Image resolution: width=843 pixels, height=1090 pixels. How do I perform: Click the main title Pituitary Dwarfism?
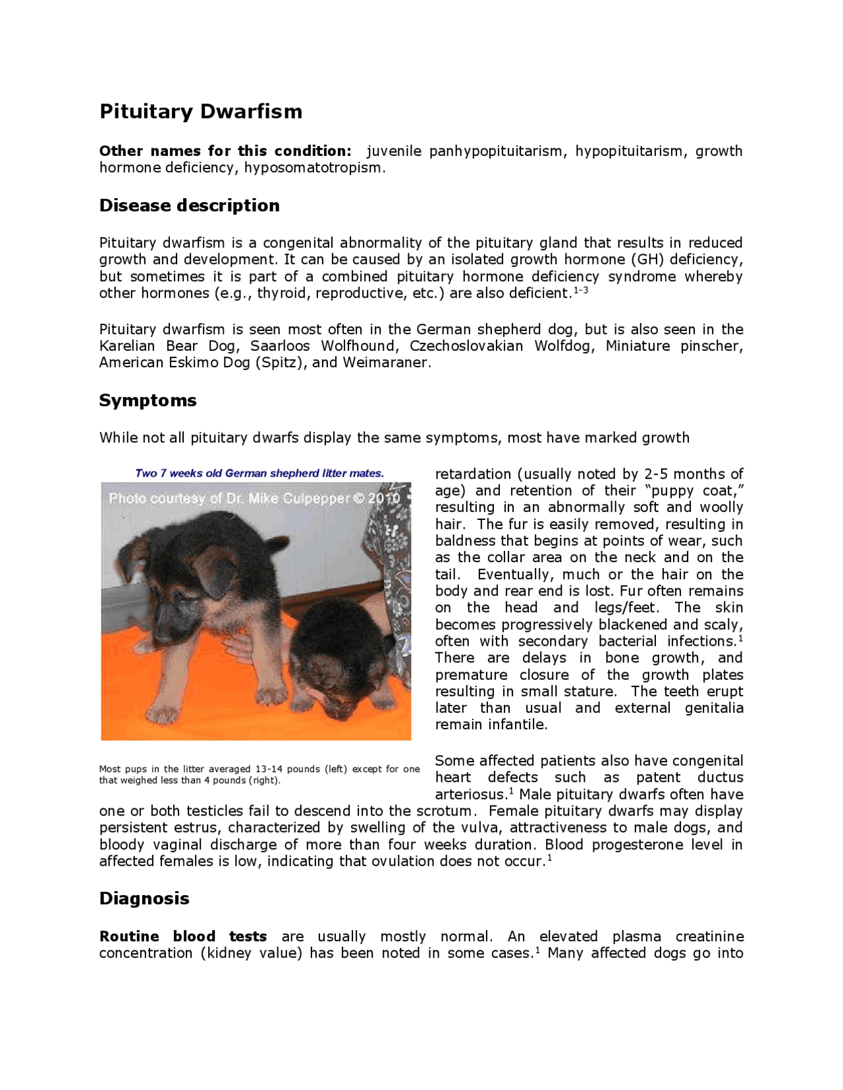pos(201,111)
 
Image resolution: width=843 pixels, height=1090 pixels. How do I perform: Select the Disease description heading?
pos(189,205)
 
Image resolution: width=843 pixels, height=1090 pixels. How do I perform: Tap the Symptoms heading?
pos(148,400)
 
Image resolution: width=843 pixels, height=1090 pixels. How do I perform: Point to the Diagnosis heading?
pos(144,898)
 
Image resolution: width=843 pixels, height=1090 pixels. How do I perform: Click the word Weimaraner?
pos(386,363)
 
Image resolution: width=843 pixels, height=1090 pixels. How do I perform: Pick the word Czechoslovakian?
pos(466,346)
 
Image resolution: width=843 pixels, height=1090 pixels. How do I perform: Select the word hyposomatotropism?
pos(313,168)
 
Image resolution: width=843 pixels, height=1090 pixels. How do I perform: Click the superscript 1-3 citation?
pos(580,290)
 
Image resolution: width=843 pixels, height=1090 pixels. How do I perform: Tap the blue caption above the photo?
pos(259,473)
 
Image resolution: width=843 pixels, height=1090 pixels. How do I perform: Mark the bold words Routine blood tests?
pos(183,937)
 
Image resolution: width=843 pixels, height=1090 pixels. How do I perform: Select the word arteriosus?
pos(470,794)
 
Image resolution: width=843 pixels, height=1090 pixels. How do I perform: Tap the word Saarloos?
pos(280,346)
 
